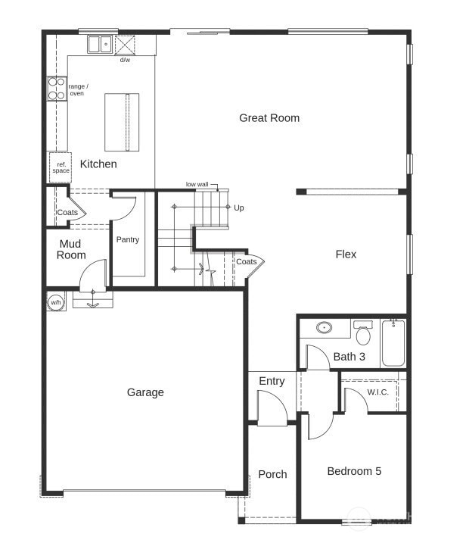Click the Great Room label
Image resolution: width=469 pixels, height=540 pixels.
point(269,118)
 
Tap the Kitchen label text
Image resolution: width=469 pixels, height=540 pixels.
point(98,164)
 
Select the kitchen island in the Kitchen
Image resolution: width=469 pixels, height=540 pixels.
point(122,122)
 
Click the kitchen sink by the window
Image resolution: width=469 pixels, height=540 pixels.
point(99,45)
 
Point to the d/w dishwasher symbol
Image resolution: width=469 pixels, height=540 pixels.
point(126,45)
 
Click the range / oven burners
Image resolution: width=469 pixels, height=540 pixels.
point(57,89)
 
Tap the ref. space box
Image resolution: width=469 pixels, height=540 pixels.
point(61,167)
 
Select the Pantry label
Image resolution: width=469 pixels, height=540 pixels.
point(128,240)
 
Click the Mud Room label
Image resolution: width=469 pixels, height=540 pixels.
point(72,249)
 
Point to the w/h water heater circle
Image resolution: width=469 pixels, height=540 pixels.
point(56,302)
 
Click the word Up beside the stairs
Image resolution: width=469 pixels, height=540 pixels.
point(239,208)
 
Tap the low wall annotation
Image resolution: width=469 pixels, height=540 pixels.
point(197,184)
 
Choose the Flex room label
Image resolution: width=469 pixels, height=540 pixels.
point(346,254)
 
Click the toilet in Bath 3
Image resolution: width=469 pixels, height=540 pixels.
point(363,333)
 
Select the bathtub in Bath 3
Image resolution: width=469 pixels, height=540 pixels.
point(393,342)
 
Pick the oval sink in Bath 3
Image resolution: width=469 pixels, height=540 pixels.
point(325,328)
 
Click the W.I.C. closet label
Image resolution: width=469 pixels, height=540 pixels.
point(377,392)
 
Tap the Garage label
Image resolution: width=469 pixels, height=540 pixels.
point(145,392)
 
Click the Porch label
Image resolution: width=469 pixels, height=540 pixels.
point(272,474)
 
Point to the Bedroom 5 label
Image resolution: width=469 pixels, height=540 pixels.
point(354,471)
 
